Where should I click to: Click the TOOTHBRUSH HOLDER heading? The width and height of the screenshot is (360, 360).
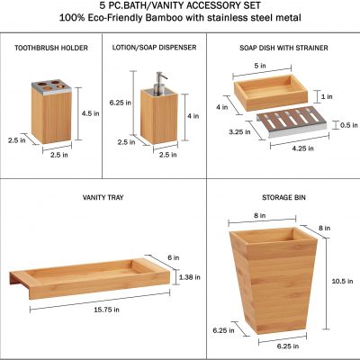[51, 48]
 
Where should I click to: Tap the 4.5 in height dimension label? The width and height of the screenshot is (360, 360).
[90, 113]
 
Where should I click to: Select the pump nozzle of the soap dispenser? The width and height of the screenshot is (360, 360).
[160, 80]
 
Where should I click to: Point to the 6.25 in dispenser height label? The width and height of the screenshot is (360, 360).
[121, 103]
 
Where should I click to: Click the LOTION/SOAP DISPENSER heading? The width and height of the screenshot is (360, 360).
[154, 48]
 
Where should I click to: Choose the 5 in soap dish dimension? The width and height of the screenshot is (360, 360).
[260, 66]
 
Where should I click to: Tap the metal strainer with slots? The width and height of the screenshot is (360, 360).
[291, 121]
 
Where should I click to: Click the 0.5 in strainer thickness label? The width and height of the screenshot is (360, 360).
[349, 125]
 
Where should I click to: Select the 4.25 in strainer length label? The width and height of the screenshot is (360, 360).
[302, 148]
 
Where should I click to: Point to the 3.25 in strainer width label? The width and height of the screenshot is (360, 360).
[239, 131]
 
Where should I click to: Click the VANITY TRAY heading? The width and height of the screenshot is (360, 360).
[103, 197]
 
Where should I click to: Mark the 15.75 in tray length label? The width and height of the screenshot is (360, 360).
[106, 310]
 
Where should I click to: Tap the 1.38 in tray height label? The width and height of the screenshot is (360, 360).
[190, 277]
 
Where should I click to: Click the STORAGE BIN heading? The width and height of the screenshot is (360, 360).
[283, 197]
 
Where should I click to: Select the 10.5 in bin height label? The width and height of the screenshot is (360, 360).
[342, 281]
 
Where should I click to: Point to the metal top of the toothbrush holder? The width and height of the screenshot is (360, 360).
[51, 86]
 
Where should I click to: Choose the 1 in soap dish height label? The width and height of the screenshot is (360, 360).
[327, 96]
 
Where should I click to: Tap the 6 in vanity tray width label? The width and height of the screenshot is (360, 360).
[174, 257]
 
